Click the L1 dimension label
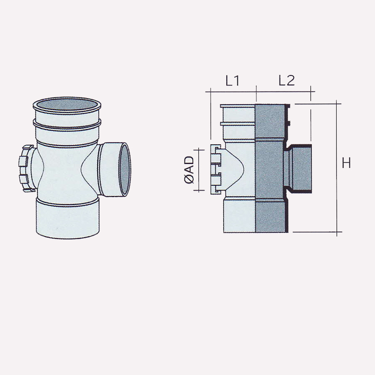pyautogui.click(x=232, y=81)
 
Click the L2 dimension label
pyautogui.click(x=286, y=81)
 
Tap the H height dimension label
pyautogui.click(x=346, y=164)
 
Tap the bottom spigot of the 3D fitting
pyautogui.click(x=68, y=218)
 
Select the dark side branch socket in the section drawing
pyautogui.click(x=299, y=168)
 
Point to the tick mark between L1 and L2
pyautogui.click(x=256, y=91)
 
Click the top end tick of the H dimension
pyautogui.click(x=337, y=103)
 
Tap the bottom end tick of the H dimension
pyautogui.click(x=337, y=232)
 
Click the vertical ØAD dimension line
pyautogui.click(x=200, y=170)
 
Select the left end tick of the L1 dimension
pyautogui.click(x=210, y=91)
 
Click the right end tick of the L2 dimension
pyautogui.click(x=311, y=91)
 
